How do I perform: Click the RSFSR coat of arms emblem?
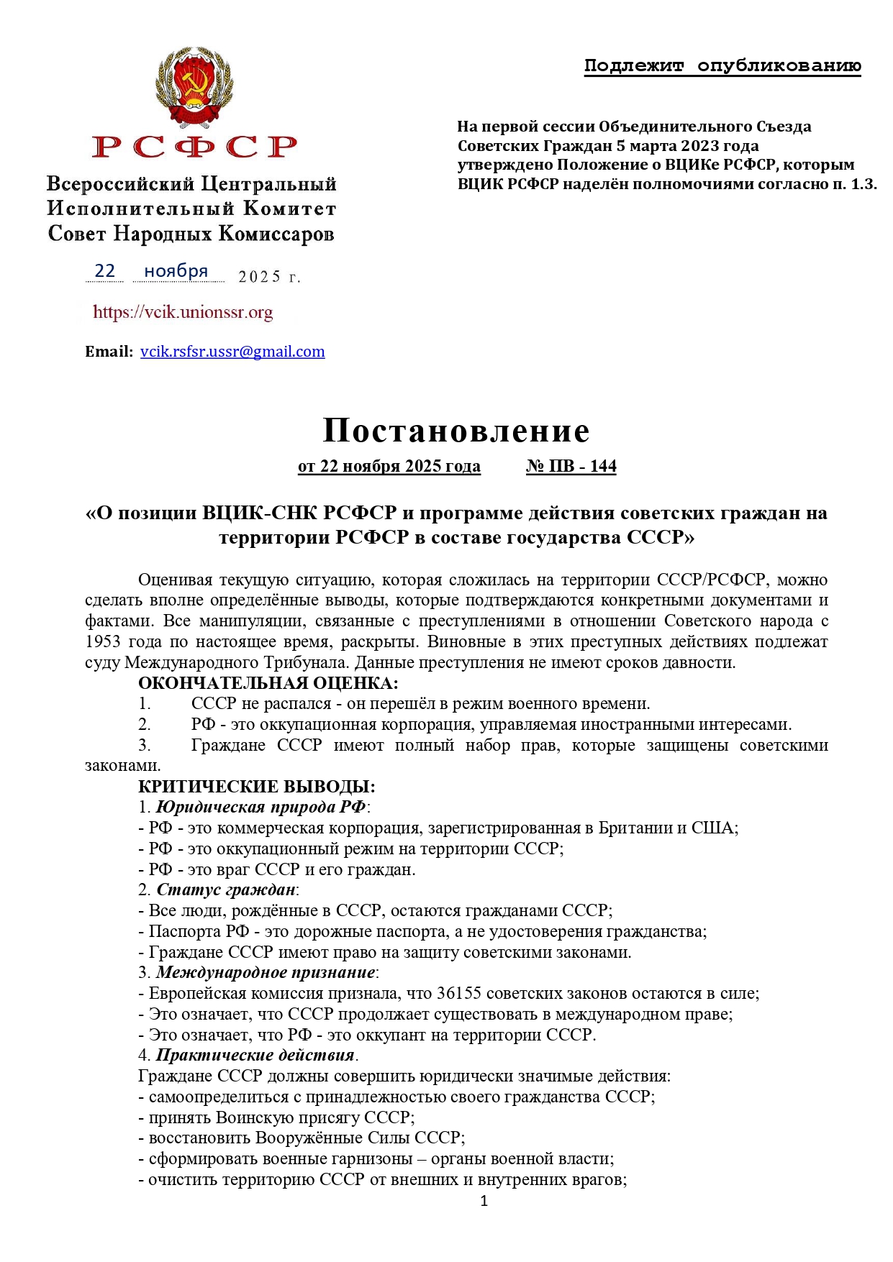pyautogui.click(x=194, y=88)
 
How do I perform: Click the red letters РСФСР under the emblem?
pyautogui.click(x=194, y=147)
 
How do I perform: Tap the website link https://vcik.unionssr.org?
pyautogui.click(x=183, y=312)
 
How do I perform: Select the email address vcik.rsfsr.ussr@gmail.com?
pyautogui.click(x=232, y=352)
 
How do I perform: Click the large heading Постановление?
pyautogui.click(x=456, y=430)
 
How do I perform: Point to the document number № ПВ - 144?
pyautogui.click(x=571, y=466)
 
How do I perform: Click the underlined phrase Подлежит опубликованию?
pyautogui.click(x=722, y=66)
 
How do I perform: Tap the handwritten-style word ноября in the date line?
pyautogui.click(x=176, y=271)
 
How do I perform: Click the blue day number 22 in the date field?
pyautogui.click(x=105, y=270)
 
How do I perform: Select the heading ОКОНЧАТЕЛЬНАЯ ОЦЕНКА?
pyautogui.click(x=268, y=682)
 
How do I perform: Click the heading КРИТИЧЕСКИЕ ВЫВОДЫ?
pyautogui.click(x=256, y=786)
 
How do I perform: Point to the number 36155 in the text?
pyautogui.click(x=462, y=993)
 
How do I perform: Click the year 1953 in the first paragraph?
pyautogui.click(x=103, y=641)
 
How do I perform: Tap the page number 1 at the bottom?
pyautogui.click(x=484, y=1200)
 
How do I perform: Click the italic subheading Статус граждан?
pyautogui.click(x=226, y=890)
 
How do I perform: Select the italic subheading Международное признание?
pyautogui.click(x=266, y=972)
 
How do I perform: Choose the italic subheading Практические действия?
pyautogui.click(x=255, y=1055)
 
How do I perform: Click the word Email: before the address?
pyautogui.click(x=109, y=352)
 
